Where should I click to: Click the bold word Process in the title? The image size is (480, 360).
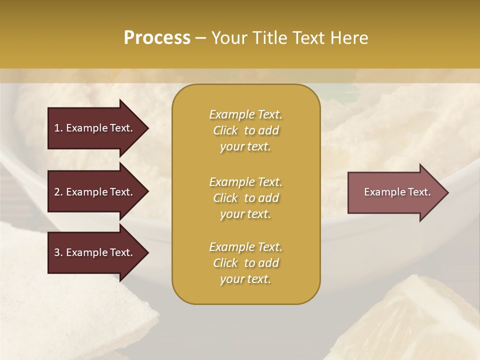point(157,38)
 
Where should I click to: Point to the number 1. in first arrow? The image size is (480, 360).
point(58,128)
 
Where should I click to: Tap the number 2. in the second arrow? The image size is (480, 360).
point(58,192)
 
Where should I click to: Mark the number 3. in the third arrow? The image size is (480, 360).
point(58,252)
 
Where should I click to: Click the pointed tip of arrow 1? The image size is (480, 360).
point(146,128)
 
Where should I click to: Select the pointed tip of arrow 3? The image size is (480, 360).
point(146,252)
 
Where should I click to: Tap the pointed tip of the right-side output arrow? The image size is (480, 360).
point(446,192)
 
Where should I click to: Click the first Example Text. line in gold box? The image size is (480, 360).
point(245,114)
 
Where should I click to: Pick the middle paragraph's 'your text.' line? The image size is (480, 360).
point(245,214)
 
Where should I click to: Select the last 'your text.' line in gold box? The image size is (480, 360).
point(245,279)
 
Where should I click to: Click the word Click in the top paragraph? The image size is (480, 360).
point(225,130)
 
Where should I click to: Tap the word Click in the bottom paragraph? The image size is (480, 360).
point(225,263)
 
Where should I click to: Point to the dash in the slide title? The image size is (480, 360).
point(201,38)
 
